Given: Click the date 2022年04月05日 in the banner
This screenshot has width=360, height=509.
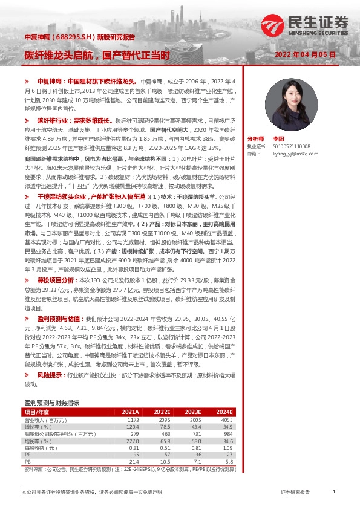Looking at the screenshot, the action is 304,54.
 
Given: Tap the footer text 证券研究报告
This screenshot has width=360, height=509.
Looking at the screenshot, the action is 295,493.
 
